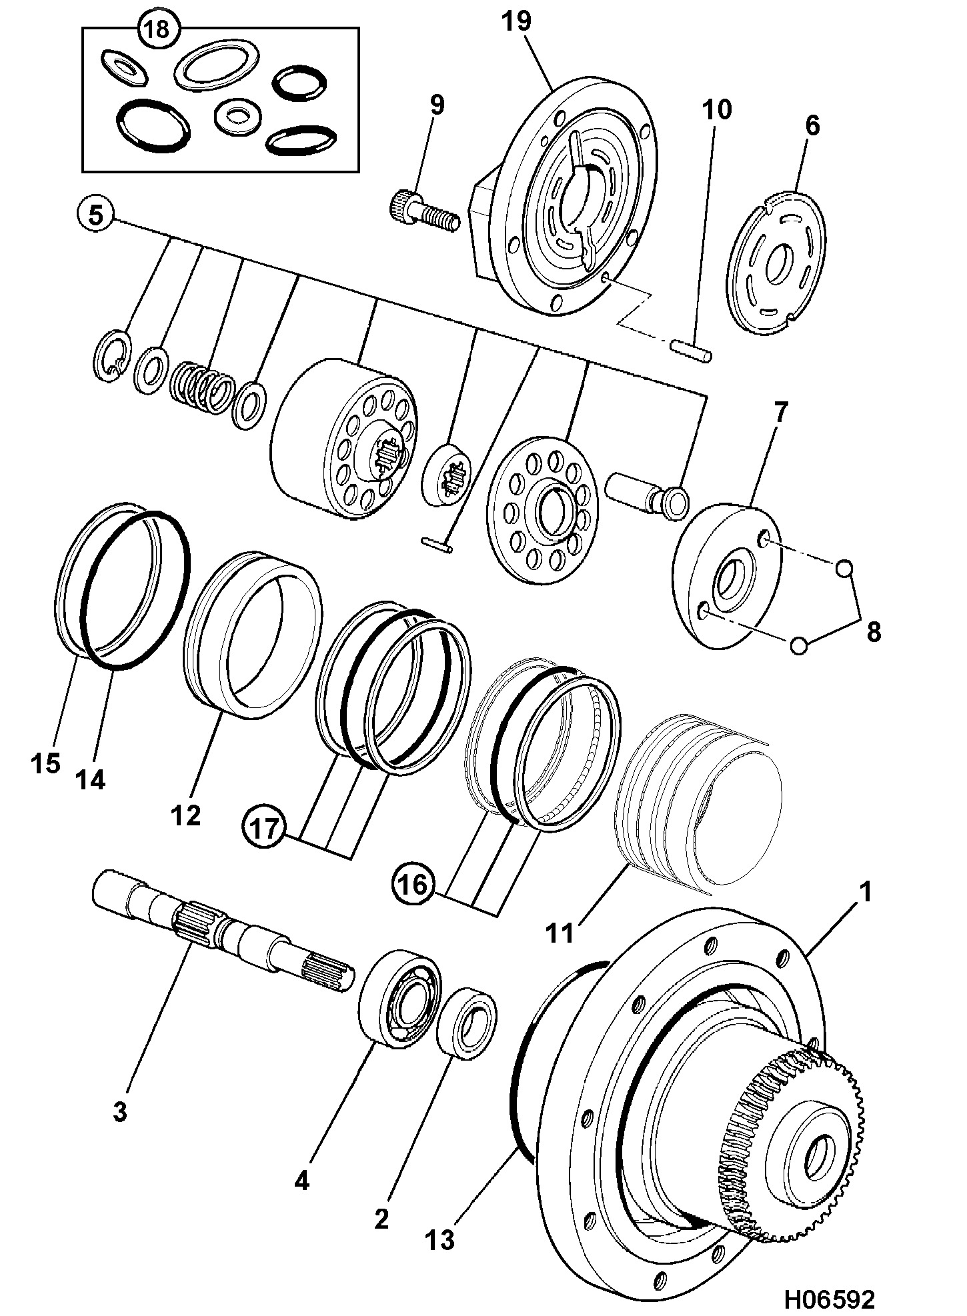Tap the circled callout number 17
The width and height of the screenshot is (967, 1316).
265,829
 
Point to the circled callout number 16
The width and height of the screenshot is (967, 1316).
413,885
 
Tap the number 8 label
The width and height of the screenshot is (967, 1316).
873,631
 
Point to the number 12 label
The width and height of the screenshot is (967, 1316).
185,815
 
